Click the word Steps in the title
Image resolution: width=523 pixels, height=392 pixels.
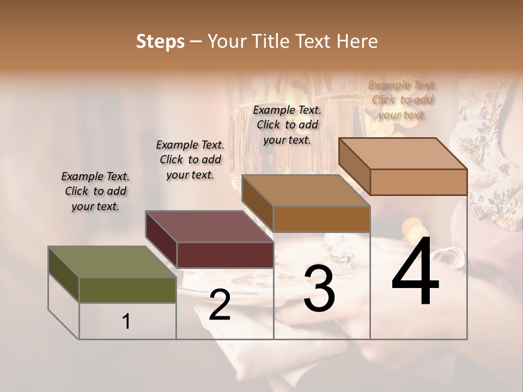pyautogui.click(x=160, y=41)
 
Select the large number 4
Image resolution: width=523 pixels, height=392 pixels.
pyautogui.click(x=415, y=272)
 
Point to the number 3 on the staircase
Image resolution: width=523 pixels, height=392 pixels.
pyautogui.click(x=319, y=289)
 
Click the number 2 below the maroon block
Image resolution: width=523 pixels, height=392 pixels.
pyautogui.click(x=220, y=305)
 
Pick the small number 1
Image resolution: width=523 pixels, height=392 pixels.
pyautogui.click(x=126, y=322)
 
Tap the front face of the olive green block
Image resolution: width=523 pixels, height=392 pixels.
pyautogui.click(x=127, y=290)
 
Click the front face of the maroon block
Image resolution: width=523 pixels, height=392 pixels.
pyautogui.click(x=225, y=255)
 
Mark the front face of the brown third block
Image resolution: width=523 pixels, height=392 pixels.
pyautogui.click(x=321, y=219)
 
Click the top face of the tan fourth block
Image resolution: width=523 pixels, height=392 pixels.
pyautogui.click(x=403, y=154)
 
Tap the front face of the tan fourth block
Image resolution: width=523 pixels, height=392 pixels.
pyautogui.click(x=418, y=182)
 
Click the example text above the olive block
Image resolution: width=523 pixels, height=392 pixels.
pyautogui.click(x=95, y=191)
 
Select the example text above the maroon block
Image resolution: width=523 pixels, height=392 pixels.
pyautogui.click(x=190, y=160)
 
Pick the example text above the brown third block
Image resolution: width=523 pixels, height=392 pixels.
pyautogui.click(x=287, y=125)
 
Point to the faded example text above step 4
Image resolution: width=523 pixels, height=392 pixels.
pyautogui.click(x=403, y=100)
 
